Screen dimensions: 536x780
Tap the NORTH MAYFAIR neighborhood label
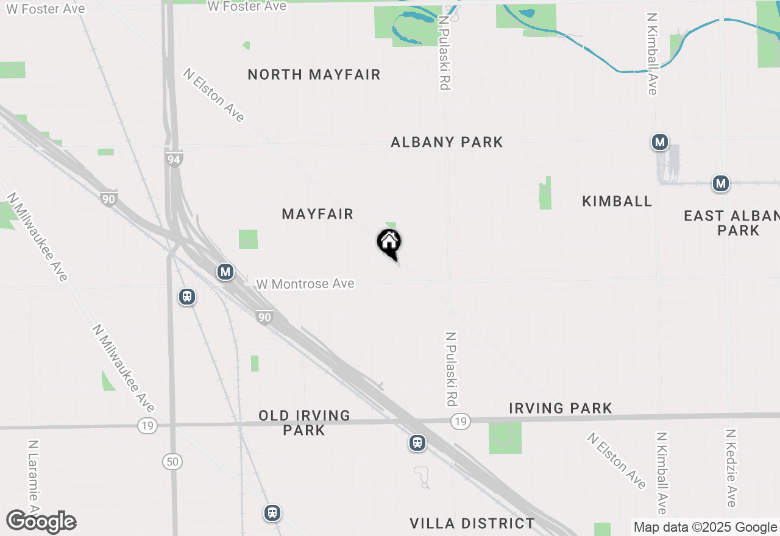point(314,75)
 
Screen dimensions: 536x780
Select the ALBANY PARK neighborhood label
point(447,143)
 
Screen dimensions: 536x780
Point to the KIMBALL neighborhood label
point(617,201)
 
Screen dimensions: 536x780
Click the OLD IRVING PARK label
point(304,423)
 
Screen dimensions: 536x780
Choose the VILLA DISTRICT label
point(472,523)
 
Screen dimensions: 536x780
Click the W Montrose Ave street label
point(305,284)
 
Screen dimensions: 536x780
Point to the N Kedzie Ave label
point(731,468)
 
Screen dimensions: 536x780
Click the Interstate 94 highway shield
point(174,160)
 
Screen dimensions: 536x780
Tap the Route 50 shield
point(172,461)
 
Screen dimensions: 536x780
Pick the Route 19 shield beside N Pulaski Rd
point(461,421)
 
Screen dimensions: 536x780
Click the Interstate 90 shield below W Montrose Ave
point(264,317)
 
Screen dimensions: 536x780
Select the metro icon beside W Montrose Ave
point(225,272)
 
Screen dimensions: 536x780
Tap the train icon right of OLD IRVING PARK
point(417,443)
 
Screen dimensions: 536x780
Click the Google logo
point(41,521)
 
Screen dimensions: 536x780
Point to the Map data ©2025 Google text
point(705,527)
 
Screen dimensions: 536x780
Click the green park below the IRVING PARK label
point(505,439)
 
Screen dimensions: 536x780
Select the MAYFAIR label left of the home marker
point(317,214)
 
